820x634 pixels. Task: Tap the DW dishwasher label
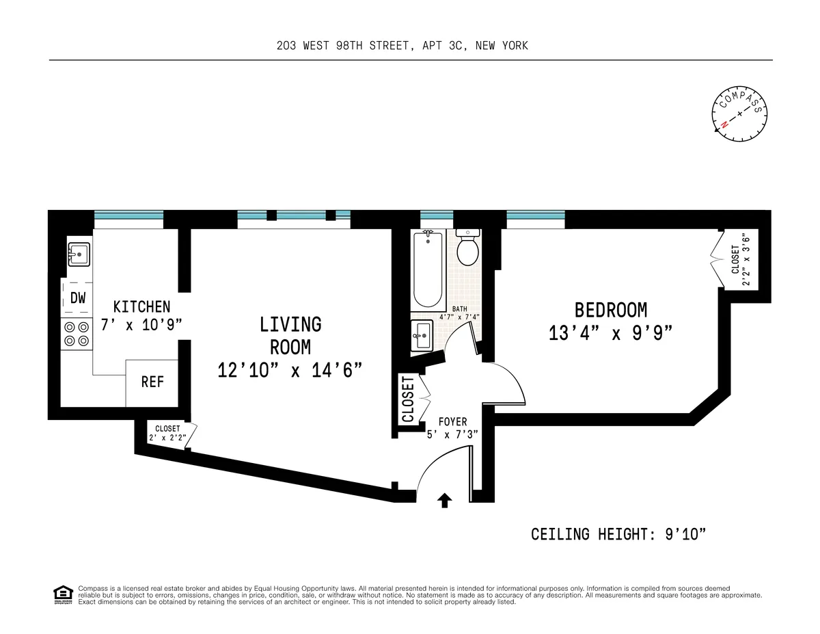coord(77,298)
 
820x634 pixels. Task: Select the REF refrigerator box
coord(152,382)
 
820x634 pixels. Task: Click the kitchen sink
coord(79,255)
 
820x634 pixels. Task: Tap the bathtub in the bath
coord(428,269)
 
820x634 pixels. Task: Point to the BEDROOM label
coord(610,311)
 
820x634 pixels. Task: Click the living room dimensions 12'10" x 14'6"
coord(290,370)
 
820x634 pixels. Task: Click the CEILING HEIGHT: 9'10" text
coord(618,534)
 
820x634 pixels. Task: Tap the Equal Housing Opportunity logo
coord(63,595)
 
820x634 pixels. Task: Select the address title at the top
coord(402,46)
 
